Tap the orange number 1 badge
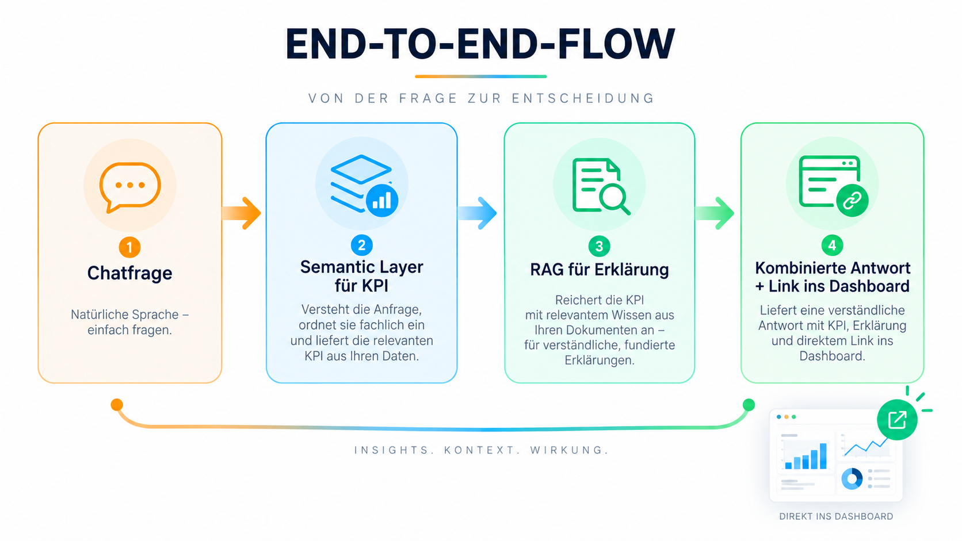(x=129, y=248)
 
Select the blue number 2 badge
(x=361, y=245)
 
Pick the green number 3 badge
(x=599, y=246)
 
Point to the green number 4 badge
(x=833, y=245)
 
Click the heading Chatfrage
(x=129, y=273)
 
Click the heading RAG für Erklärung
(x=600, y=270)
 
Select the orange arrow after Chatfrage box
(x=241, y=213)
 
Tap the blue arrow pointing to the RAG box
(x=477, y=213)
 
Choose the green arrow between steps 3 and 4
(x=715, y=213)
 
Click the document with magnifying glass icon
(x=601, y=186)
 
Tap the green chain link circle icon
(x=852, y=200)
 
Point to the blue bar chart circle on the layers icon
(x=382, y=200)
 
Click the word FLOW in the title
(x=616, y=44)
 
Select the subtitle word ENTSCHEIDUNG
(x=583, y=98)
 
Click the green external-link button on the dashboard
(x=897, y=420)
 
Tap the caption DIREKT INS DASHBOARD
(x=836, y=516)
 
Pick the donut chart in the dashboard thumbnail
(x=852, y=478)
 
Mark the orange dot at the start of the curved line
(x=117, y=405)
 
